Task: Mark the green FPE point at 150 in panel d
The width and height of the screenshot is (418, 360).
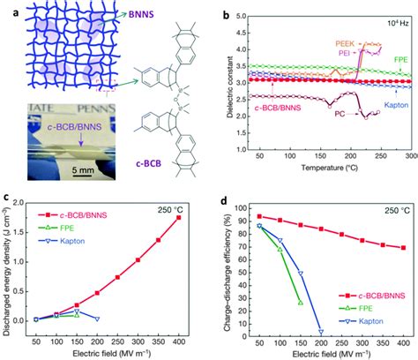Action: (x=300, y=303)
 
